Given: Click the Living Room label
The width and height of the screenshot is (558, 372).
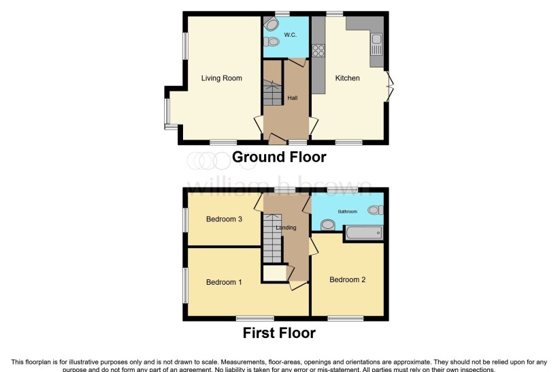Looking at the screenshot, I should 221,78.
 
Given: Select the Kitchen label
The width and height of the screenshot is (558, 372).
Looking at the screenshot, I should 347,78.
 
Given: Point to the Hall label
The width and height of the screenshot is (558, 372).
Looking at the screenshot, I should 293,98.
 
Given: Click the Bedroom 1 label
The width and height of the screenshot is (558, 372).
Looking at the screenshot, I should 224,282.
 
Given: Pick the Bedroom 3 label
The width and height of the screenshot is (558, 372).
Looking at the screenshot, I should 224,219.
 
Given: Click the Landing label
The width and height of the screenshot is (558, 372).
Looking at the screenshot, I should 286,228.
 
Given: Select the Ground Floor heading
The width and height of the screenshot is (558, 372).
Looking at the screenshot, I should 279,157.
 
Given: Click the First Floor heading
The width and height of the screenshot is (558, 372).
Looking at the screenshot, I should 279,333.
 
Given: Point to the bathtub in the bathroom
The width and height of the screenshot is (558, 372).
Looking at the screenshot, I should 364,234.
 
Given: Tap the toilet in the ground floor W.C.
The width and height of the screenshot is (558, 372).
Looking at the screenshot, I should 272,42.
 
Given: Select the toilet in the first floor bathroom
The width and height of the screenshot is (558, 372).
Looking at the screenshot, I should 374,211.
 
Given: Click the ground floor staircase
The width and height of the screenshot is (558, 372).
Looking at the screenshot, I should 272,92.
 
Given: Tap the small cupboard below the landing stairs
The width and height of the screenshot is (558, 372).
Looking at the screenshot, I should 274,273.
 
